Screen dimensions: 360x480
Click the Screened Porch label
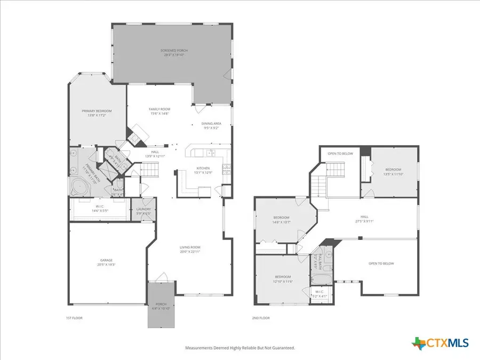click(174, 52)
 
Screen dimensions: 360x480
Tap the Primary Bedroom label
click(93, 113)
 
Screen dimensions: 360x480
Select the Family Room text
click(159, 111)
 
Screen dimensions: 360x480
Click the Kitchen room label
click(204, 170)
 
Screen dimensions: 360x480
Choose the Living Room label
click(189, 249)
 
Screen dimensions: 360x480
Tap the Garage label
click(107, 262)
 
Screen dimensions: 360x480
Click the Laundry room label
click(144, 211)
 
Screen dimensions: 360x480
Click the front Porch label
click(161, 306)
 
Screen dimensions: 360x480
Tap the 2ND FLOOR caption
click(261, 318)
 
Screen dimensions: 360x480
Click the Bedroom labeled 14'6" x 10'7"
click(281, 220)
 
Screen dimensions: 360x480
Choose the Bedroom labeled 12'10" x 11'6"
click(283, 278)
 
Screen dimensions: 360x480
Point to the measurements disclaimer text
click(239, 348)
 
